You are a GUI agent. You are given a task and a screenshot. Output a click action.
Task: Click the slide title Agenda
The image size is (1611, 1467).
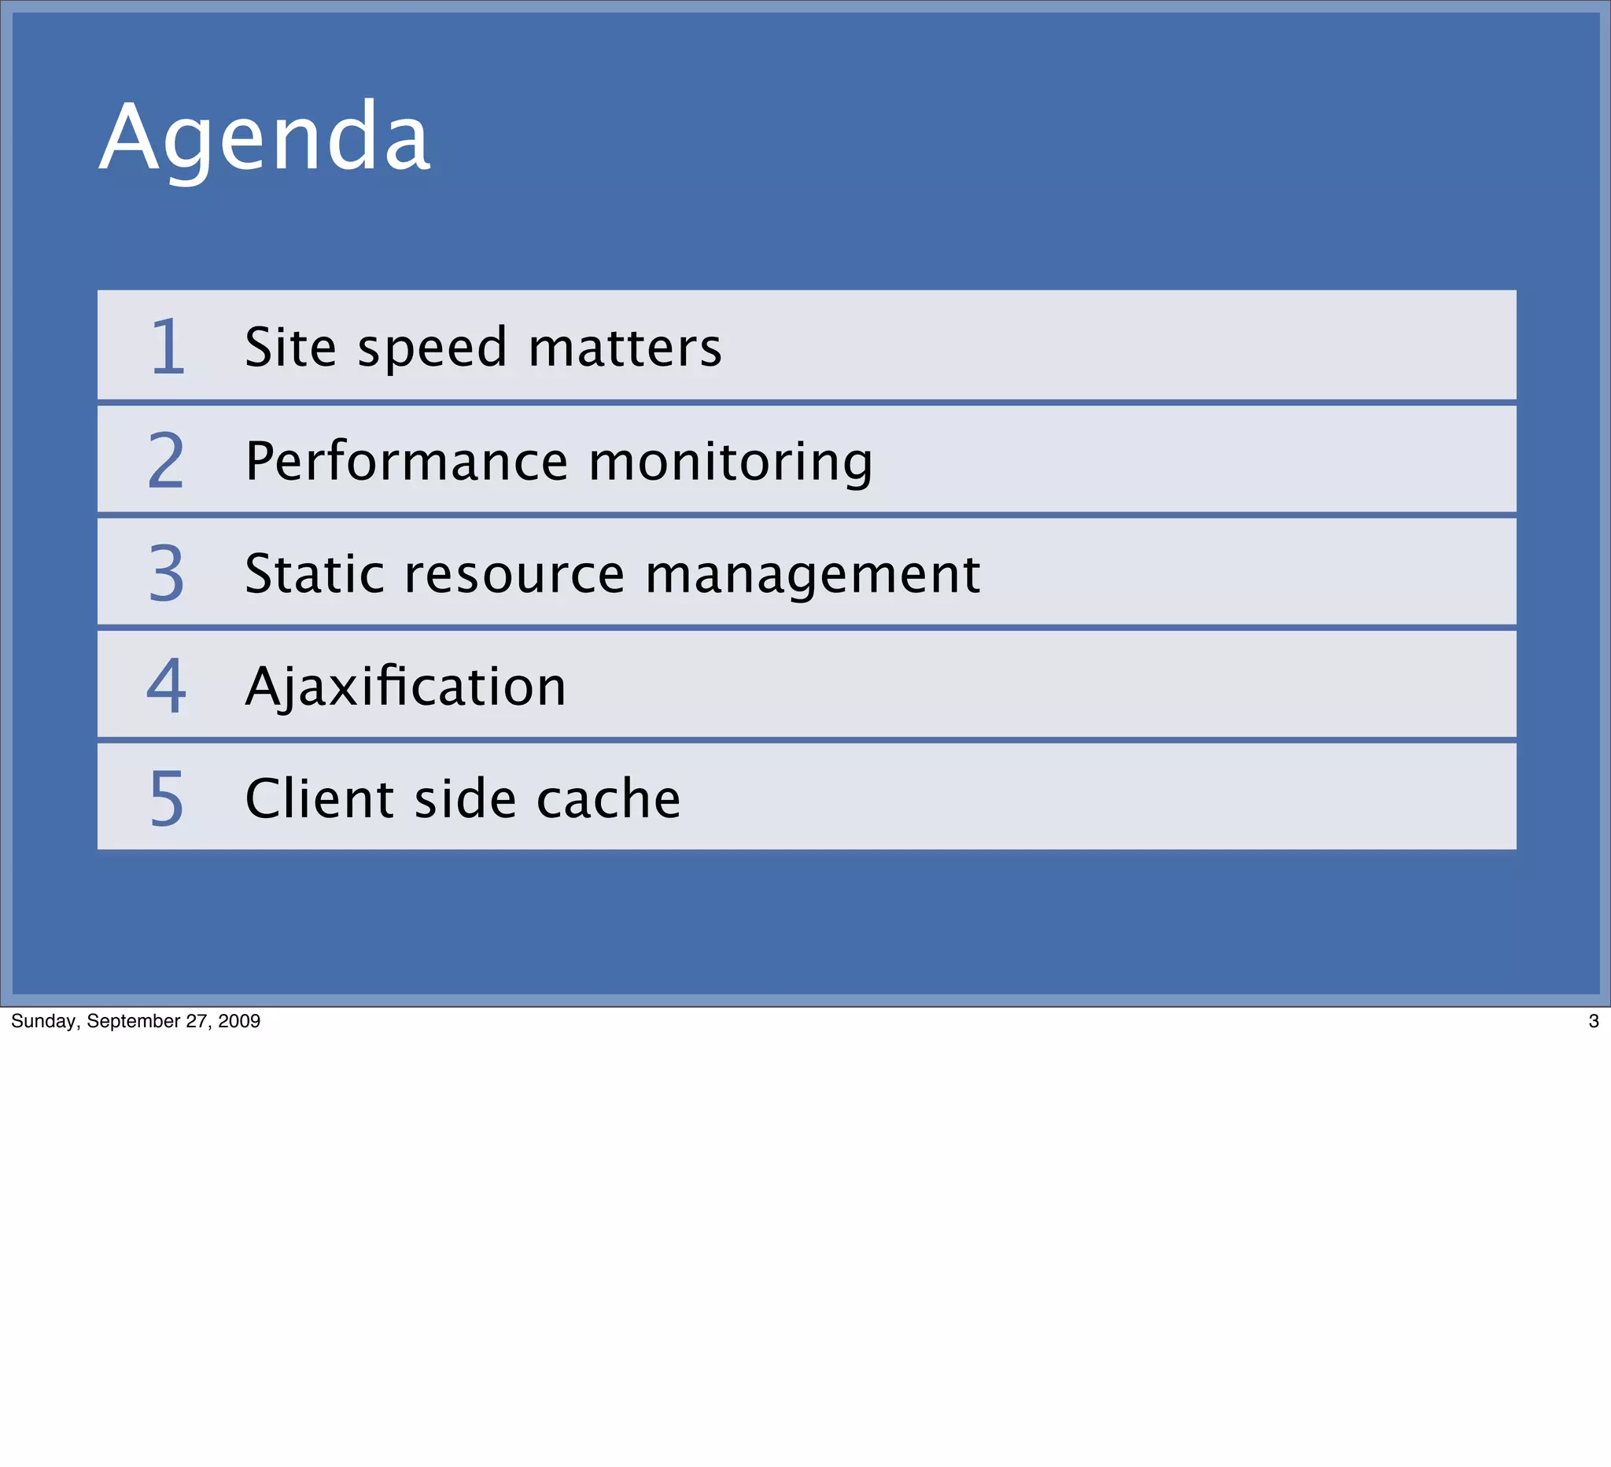264,138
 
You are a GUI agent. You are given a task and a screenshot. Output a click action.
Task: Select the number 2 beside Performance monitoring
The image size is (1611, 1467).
166,460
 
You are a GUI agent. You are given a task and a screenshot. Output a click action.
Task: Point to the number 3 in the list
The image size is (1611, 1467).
166,573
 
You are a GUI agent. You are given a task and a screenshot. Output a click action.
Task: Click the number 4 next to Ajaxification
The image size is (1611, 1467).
166,686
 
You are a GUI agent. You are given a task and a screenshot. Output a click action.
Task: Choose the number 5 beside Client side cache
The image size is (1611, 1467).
166,798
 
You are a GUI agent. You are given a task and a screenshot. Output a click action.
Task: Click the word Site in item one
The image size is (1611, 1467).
290,348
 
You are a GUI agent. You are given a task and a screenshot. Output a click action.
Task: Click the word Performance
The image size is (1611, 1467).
406,462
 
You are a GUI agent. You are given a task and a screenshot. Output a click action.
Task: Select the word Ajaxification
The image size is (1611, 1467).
406,687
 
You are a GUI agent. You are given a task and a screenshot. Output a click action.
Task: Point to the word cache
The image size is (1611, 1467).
608,799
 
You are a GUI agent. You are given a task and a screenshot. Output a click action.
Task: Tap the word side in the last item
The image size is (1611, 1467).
465,799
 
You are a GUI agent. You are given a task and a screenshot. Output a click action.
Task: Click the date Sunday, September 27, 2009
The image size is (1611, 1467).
136,1021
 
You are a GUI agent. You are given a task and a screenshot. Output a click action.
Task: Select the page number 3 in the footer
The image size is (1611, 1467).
1594,1021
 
